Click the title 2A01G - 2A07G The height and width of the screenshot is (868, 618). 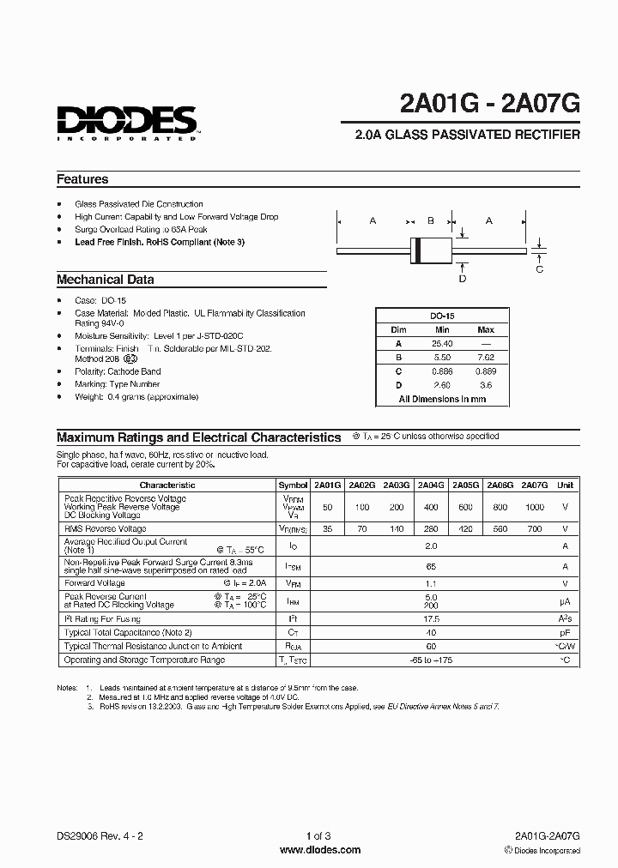coord(489,104)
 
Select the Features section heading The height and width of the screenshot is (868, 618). coord(82,179)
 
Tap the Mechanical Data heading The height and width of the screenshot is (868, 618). coord(106,280)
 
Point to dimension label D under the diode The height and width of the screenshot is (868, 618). coord(463,278)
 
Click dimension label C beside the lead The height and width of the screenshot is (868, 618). coord(540,268)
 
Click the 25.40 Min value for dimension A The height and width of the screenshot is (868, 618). coord(442,343)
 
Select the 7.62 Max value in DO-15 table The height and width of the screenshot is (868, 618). coord(486,357)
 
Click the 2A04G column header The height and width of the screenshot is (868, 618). coord(430,485)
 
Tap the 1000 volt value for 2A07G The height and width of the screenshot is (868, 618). coord(535,507)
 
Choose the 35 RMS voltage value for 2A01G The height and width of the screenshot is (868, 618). coord(327,529)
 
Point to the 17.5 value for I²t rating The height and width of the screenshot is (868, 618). coord(431,618)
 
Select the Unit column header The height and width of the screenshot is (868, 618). coord(565,485)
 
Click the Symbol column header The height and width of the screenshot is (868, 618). coord(294,485)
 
